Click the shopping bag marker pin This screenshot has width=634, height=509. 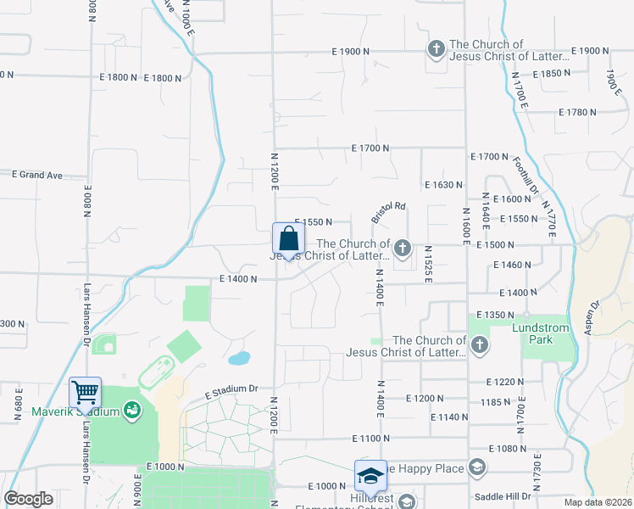pyautogui.click(x=288, y=238)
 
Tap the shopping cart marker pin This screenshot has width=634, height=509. pyautogui.click(x=86, y=393)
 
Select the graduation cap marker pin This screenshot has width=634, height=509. pyautogui.click(x=370, y=477)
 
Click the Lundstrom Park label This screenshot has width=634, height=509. pyautogui.click(x=544, y=333)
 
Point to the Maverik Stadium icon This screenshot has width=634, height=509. pyautogui.click(x=132, y=411)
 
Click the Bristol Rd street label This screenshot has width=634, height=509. pyautogui.click(x=389, y=213)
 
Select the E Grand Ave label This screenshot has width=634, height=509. pyautogui.click(x=37, y=176)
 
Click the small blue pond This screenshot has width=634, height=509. pyautogui.click(x=239, y=358)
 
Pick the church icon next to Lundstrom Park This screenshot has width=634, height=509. pyautogui.click(x=480, y=344)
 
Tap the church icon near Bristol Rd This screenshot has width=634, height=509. pyautogui.click(x=403, y=249)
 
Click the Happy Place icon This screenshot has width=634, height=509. pyautogui.click(x=476, y=467)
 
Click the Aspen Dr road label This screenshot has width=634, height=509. pyautogui.click(x=592, y=316)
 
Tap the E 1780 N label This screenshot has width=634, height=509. pyautogui.click(x=579, y=112)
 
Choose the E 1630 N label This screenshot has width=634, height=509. pyautogui.click(x=443, y=184)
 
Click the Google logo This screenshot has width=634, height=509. pyautogui.click(x=29, y=499)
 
